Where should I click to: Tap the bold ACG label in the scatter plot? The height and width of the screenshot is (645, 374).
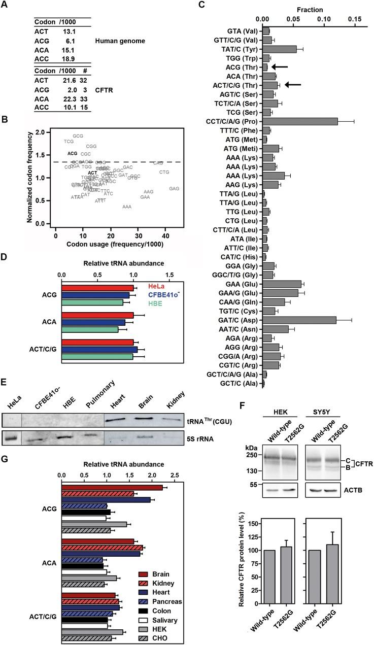coord(73,153)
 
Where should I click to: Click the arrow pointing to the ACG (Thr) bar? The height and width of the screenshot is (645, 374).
coord(279,66)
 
